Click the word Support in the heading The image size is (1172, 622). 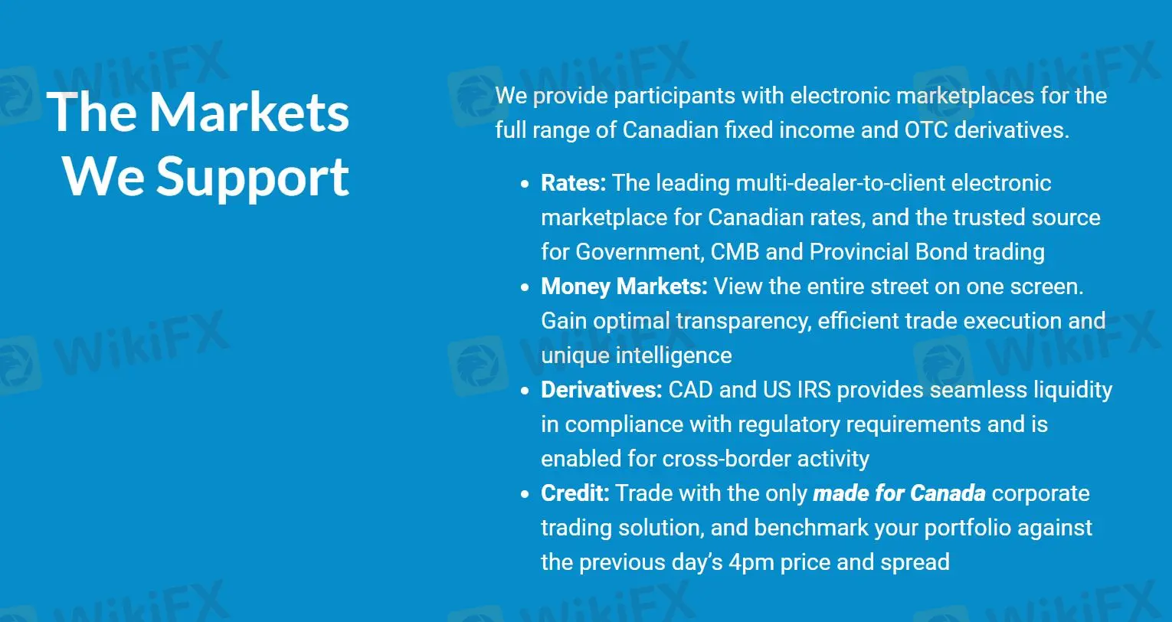(253, 178)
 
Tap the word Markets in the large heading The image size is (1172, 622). (250, 113)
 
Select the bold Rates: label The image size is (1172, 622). (573, 183)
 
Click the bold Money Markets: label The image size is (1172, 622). (624, 286)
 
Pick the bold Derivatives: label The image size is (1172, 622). (601, 390)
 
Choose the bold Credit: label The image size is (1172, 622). (575, 493)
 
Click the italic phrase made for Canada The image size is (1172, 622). (899, 493)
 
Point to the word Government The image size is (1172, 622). (638, 252)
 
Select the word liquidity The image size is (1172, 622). (1072, 390)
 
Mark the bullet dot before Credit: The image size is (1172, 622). (525, 494)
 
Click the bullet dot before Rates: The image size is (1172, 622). (525, 184)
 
